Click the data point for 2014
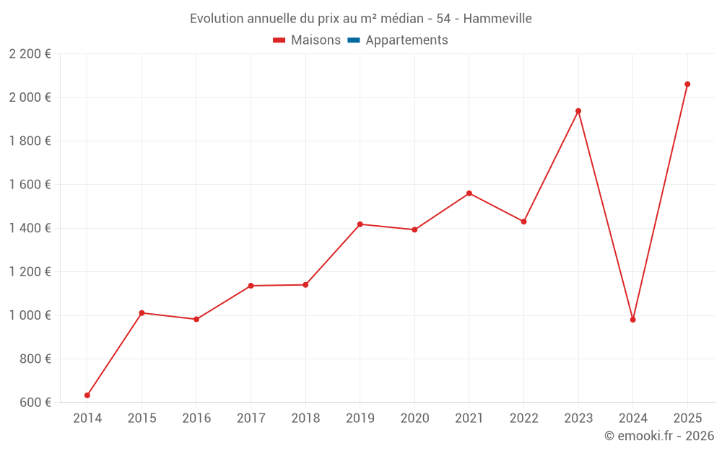87,395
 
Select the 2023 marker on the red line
578,111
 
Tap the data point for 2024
633,320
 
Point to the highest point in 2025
687,84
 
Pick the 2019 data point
360,224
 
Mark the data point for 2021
469,193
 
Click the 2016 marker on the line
196,319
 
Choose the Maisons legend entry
316,40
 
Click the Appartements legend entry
406,40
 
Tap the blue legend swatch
353,40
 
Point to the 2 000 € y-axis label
30,97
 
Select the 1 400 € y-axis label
30,228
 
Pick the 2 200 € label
30,54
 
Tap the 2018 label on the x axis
305,419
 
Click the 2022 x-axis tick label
523,419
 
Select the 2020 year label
414,419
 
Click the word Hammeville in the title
497,19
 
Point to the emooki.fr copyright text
659,436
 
